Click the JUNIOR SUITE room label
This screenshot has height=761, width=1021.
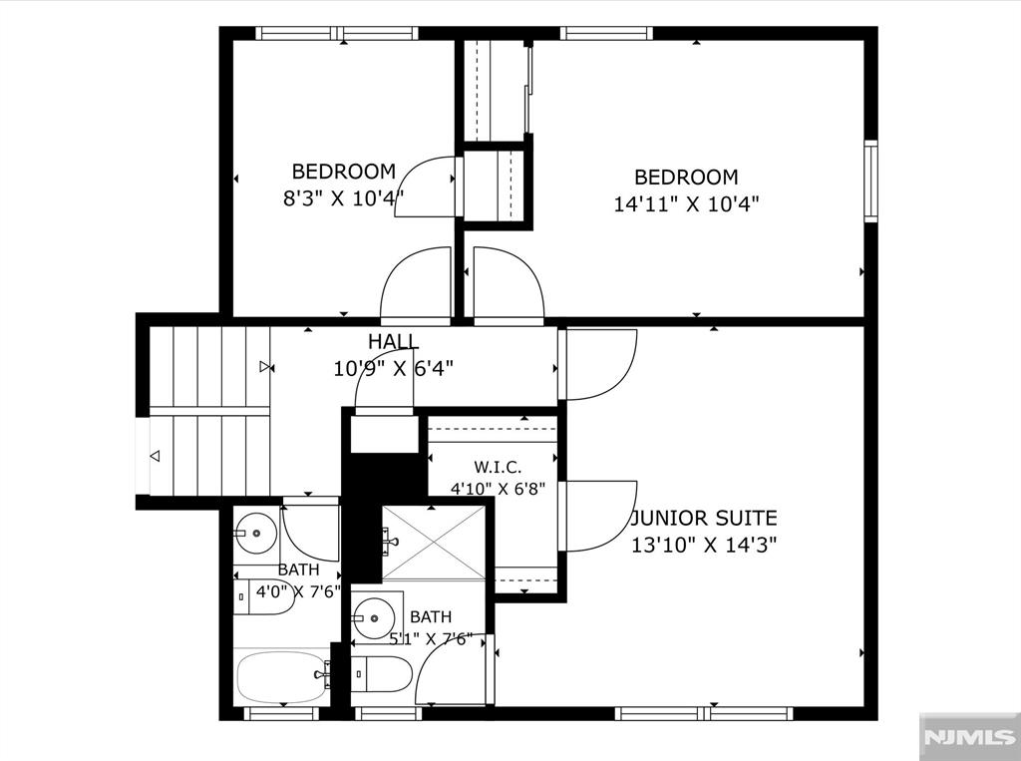click(x=704, y=518)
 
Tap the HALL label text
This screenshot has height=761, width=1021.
click(x=393, y=341)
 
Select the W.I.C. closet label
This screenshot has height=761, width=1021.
click(x=498, y=467)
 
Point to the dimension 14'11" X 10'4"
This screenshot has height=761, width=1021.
click(x=686, y=204)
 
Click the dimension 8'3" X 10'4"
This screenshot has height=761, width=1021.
click(x=343, y=197)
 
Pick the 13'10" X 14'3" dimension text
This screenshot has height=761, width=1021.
click(x=704, y=545)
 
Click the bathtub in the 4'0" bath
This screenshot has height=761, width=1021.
click(x=282, y=676)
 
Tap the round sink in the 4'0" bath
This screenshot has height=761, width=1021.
click(x=256, y=533)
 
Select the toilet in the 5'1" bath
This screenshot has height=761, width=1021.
click(x=381, y=674)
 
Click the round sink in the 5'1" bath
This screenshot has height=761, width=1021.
click(x=374, y=618)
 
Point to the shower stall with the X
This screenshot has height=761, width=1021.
click(x=433, y=543)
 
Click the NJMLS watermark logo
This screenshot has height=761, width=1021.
click(x=970, y=737)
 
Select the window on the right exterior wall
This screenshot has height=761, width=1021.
click(x=870, y=182)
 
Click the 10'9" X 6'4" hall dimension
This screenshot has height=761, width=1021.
click(x=393, y=369)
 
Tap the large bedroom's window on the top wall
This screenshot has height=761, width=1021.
click(x=606, y=33)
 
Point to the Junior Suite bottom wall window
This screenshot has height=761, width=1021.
click(x=704, y=713)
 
